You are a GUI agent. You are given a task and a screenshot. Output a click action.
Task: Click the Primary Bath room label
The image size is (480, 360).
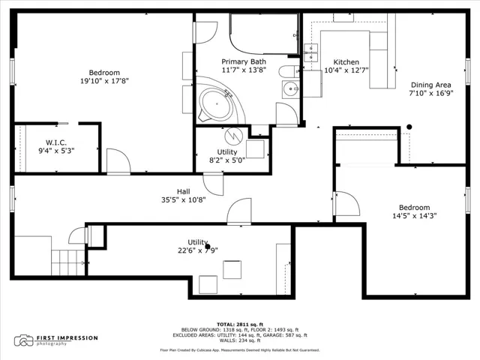(244, 61)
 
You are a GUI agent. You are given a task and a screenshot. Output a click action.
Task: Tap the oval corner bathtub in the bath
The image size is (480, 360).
(216, 104)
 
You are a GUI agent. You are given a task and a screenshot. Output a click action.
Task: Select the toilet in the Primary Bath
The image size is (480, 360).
(288, 72)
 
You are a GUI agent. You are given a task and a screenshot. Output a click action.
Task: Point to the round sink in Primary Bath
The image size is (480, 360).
(290, 89)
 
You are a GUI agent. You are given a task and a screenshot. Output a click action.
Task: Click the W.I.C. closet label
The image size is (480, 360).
(56, 142)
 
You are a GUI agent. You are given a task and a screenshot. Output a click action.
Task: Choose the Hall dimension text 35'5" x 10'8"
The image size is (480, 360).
(183, 200)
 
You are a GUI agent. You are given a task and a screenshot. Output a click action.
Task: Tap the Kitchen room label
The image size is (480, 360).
(346, 61)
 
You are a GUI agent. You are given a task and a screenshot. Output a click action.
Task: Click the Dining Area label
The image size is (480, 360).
(431, 85)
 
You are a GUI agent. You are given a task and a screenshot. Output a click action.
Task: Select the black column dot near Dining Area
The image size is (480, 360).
(409, 127)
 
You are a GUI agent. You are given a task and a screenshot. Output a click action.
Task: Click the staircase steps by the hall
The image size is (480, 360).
(68, 262)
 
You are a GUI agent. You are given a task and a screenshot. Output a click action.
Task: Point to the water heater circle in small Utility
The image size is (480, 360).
(233, 136)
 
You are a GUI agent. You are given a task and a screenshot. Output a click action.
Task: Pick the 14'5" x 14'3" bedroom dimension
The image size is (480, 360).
(415, 216)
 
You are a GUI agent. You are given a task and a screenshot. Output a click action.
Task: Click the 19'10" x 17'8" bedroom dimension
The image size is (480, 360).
(104, 81)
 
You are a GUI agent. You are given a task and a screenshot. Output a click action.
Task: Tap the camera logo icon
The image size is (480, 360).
(23, 340)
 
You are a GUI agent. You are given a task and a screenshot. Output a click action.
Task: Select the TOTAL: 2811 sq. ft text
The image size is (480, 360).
(240, 325)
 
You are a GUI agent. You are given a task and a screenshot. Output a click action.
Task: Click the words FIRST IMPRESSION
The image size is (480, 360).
(67, 338)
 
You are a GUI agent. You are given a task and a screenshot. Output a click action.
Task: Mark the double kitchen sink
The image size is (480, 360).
(310, 52)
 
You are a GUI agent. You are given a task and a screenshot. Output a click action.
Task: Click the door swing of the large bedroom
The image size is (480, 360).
(118, 161)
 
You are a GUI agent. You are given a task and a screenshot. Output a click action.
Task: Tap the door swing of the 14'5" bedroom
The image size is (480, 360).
(348, 203)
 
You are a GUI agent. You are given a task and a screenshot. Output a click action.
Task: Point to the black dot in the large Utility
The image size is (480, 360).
(208, 247)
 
